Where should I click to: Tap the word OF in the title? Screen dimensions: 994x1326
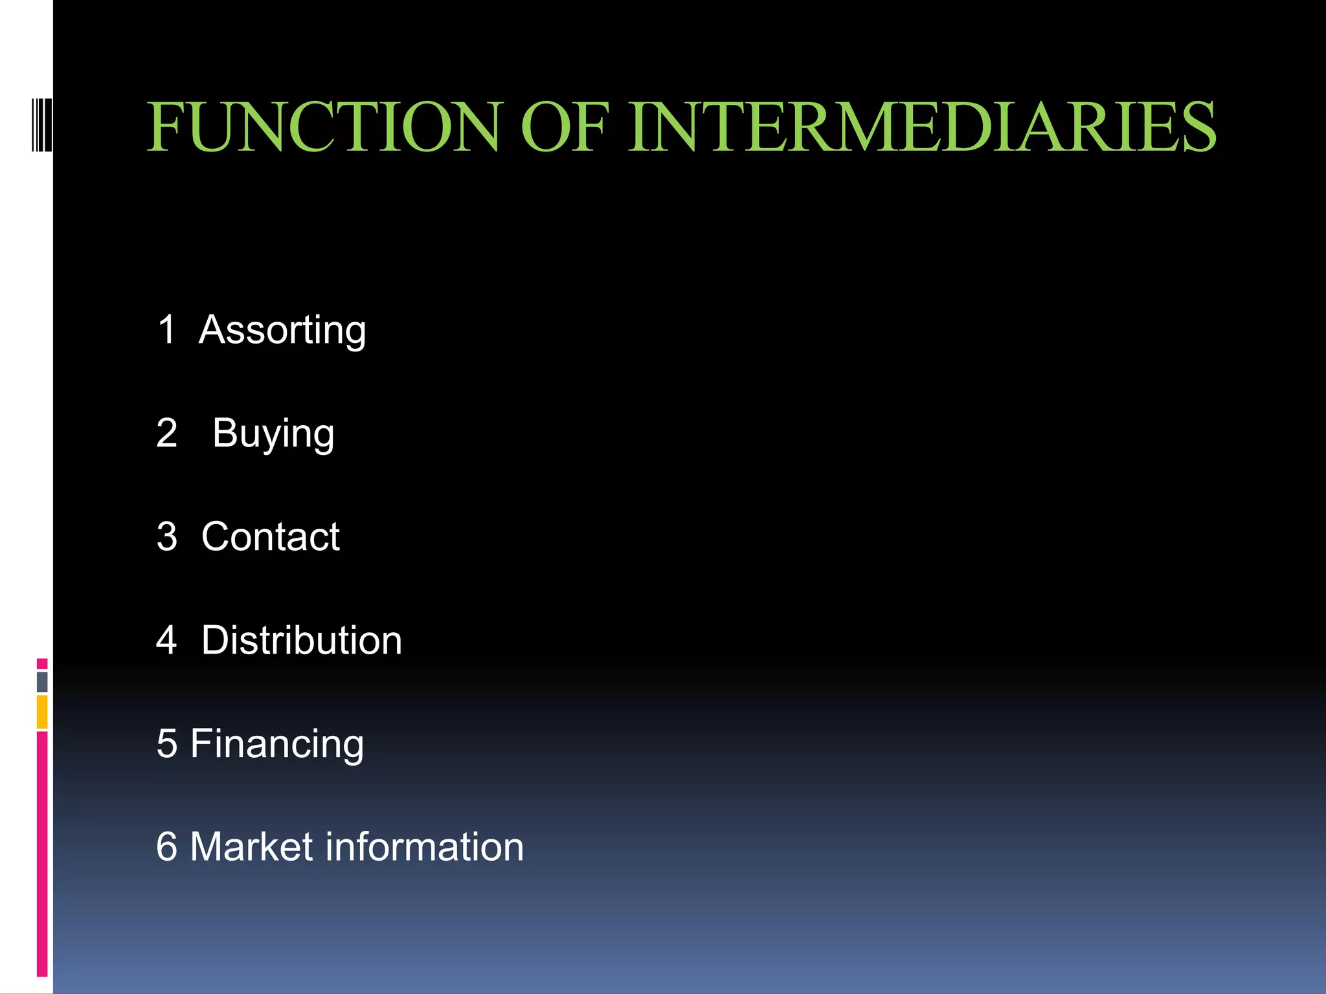(565, 127)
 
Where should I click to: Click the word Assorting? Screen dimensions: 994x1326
(282, 330)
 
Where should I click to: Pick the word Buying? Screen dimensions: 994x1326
(273, 434)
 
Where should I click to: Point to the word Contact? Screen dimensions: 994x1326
(271, 536)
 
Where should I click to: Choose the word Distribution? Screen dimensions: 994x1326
(302, 641)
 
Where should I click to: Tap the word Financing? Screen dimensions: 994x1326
(277, 744)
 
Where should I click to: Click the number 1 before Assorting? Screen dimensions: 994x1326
(167, 329)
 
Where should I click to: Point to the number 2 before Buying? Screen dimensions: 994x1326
(167, 433)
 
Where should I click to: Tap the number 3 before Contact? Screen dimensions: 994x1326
(167, 536)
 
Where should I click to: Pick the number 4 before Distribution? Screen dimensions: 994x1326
(167, 641)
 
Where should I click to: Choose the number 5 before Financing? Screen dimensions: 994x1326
(167, 744)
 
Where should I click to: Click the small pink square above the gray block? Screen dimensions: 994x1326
(42, 664)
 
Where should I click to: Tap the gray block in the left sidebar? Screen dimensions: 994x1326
(42, 681)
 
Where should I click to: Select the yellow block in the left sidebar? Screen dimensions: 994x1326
(42, 712)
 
